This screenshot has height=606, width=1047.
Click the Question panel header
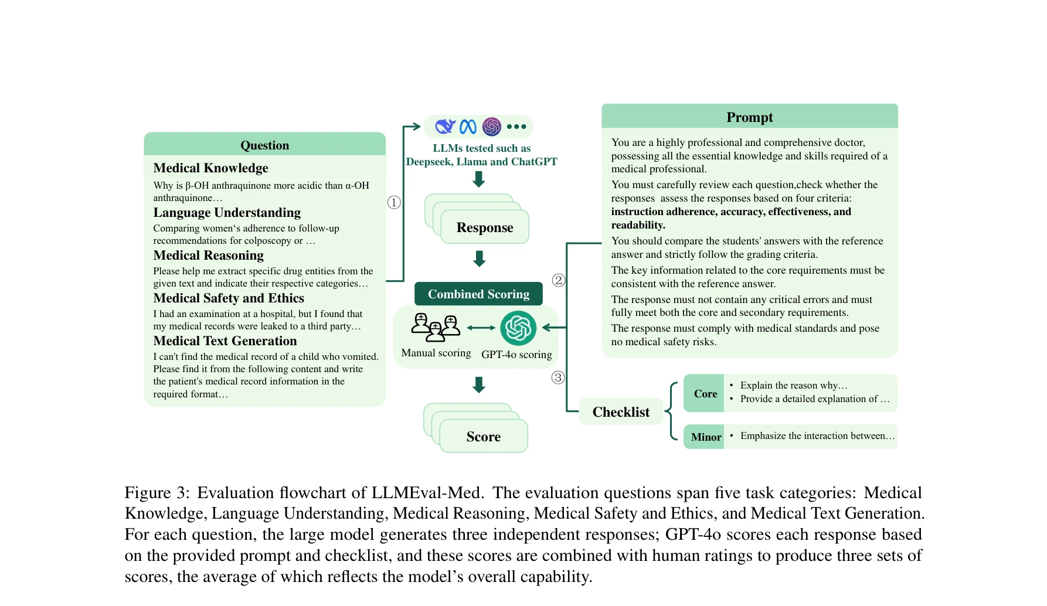pos(264,145)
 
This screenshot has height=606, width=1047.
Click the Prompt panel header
pos(749,117)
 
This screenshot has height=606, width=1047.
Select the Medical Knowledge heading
pos(210,168)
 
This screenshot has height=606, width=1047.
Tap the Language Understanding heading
pos(227,212)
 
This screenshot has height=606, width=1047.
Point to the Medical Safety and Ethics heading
pos(229,298)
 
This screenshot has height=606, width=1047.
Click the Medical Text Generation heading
pos(225,341)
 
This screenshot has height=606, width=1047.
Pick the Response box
pos(484,227)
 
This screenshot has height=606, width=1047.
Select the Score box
pos(483,437)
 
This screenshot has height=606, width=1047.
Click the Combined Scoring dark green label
pos(478,294)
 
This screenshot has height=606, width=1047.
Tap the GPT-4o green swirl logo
pos(518,328)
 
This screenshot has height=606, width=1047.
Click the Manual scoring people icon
pos(436,327)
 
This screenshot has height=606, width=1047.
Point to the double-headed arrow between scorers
pos(481,328)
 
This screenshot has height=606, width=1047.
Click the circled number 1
pos(394,202)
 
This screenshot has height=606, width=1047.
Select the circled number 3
pos(558,377)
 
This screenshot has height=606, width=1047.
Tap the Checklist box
pos(621,412)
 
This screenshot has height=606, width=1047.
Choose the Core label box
pos(705,394)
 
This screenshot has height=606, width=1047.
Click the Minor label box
pos(705,437)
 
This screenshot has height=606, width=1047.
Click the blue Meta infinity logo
pos(468,127)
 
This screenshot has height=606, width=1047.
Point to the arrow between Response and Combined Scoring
pos(480,258)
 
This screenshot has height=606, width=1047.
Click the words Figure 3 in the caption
pos(157,492)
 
